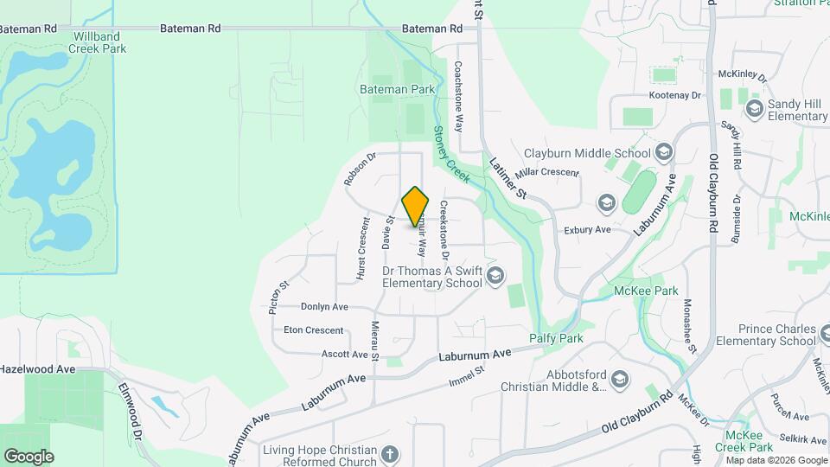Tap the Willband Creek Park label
(x=99, y=42)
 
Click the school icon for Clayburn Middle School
(x=664, y=153)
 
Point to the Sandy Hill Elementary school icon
(x=754, y=108)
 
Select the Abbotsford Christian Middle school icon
(x=619, y=379)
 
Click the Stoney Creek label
(x=450, y=154)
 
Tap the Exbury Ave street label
(x=587, y=230)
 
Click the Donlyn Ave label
(x=324, y=306)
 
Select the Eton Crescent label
(x=313, y=329)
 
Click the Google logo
(x=29, y=456)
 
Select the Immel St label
(x=466, y=376)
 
